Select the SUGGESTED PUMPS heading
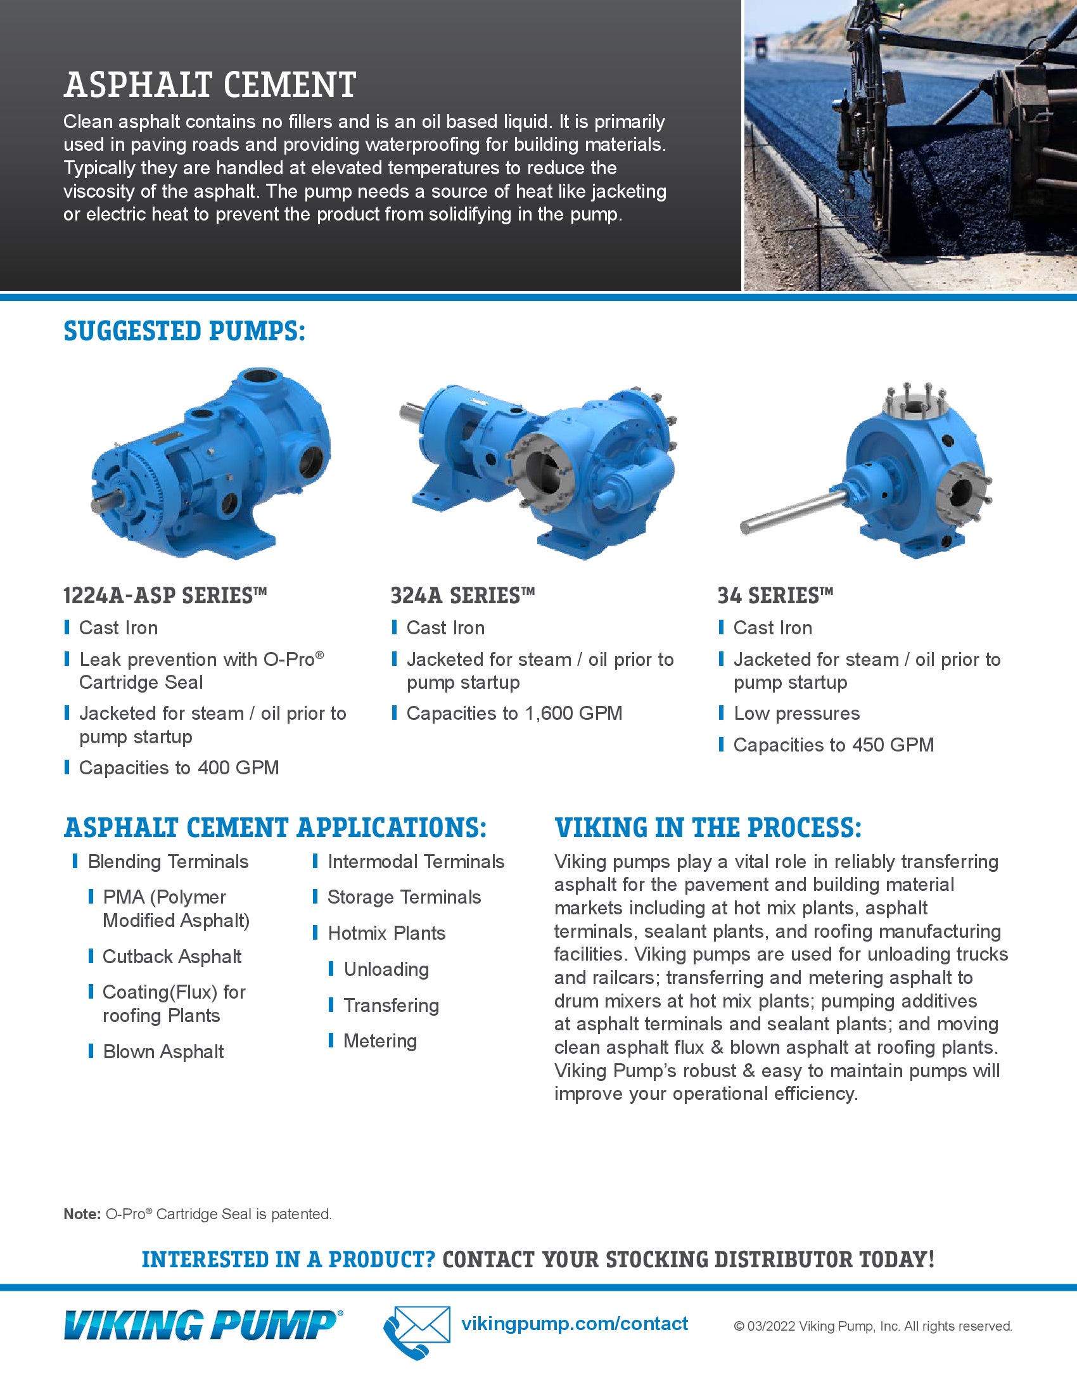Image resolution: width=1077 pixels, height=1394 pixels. (184, 331)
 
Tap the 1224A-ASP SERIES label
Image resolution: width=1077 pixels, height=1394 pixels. (165, 596)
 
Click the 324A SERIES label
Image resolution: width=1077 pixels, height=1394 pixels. (462, 596)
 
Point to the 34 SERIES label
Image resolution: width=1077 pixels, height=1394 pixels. (775, 596)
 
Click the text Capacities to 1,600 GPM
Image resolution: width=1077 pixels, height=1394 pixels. (514, 713)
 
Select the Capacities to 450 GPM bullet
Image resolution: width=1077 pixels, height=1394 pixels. (832, 745)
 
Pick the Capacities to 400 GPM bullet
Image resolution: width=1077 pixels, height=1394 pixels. (179, 768)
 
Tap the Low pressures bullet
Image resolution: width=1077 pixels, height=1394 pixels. (796, 713)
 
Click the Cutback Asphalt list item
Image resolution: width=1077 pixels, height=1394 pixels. (172, 957)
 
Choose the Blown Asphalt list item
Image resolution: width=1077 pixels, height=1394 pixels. (163, 1052)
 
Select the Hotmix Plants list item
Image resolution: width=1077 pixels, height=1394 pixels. (386, 934)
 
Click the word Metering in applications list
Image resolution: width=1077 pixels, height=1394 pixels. (379, 1041)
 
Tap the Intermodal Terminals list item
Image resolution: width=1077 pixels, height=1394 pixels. (416, 862)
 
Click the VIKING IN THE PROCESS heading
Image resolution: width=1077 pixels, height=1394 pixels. (708, 828)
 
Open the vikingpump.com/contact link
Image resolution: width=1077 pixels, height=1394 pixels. (574, 1324)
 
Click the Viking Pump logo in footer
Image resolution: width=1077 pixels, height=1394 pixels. (202, 1325)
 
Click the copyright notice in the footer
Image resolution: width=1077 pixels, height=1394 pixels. (872, 1326)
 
